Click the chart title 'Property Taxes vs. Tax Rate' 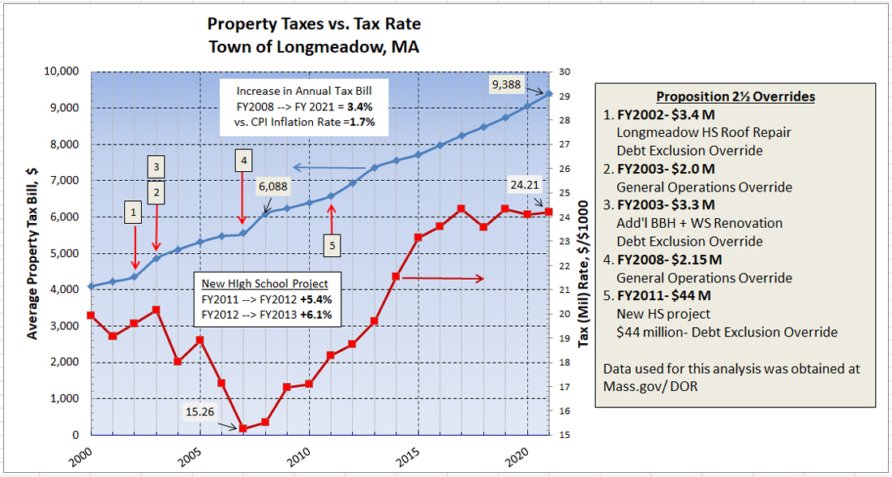point(314,24)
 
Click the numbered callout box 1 point(135,213)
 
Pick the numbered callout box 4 point(242,160)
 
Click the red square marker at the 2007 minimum point(242,428)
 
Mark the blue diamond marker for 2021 point(549,93)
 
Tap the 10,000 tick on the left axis point(60,71)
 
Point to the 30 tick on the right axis point(564,71)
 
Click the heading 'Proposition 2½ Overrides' point(735,97)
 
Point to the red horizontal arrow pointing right point(444,278)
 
